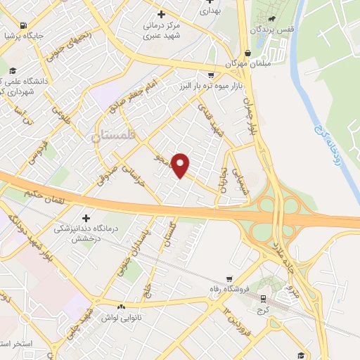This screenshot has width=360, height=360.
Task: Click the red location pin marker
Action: pyautogui.click(x=181, y=165)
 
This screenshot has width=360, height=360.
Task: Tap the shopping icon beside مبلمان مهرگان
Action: pyautogui.click(x=247, y=53)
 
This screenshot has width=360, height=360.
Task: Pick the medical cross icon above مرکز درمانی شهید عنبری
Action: pyautogui.click(x=161, y=14)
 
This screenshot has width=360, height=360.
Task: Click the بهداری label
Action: pyautogui.click(x=210, y=11)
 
